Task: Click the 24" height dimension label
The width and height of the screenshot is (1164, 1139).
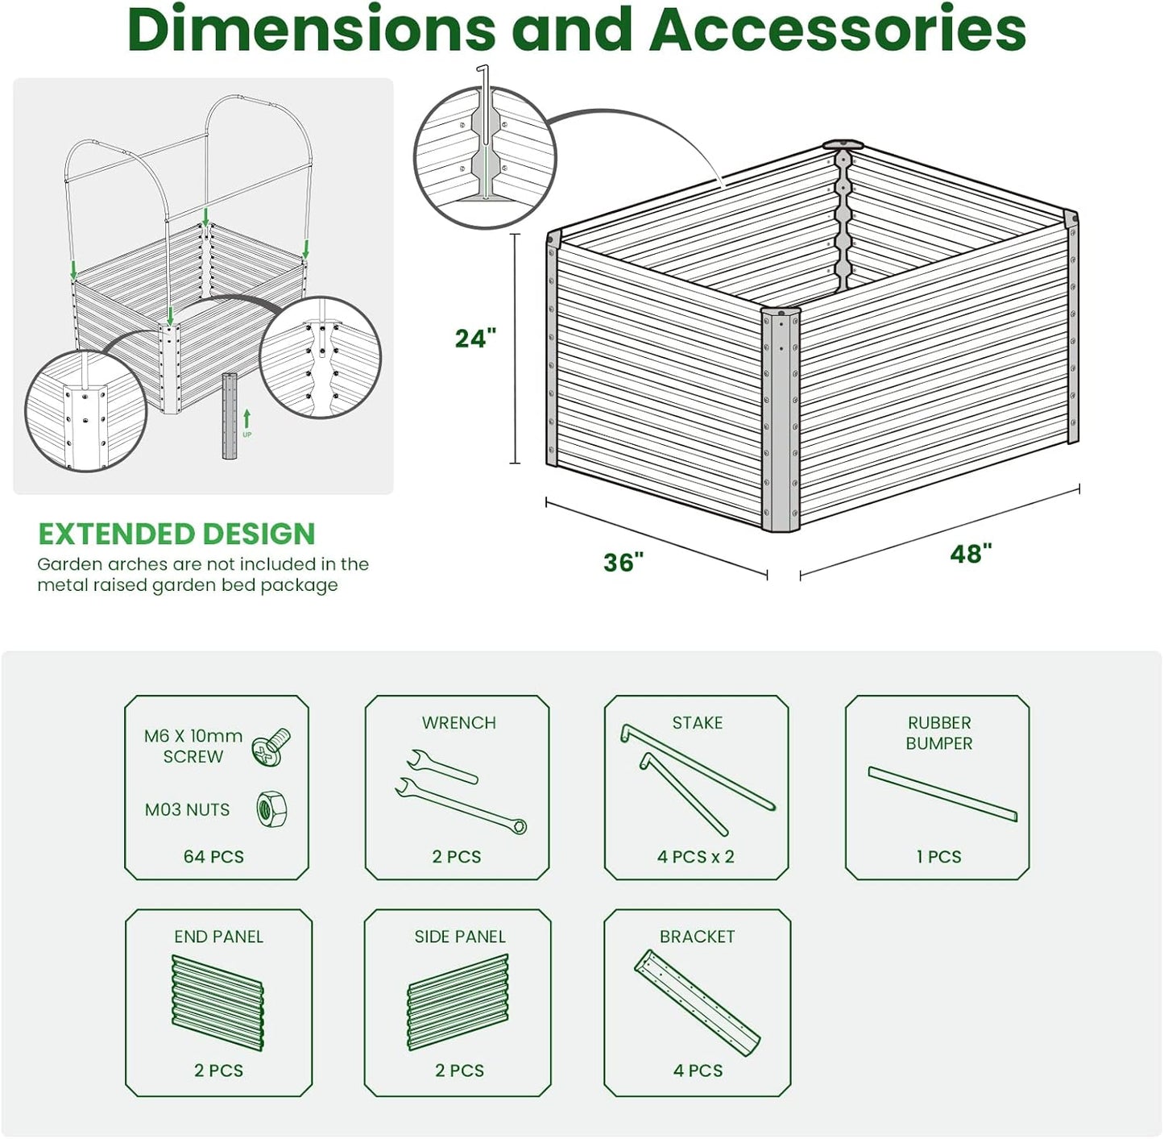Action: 475,339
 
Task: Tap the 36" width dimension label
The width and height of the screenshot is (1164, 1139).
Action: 623,562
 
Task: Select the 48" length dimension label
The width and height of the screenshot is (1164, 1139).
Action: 971,554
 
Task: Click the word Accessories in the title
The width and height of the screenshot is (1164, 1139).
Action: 838,30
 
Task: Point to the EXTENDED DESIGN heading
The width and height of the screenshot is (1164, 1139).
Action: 176,534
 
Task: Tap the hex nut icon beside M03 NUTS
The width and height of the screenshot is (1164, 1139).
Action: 272,809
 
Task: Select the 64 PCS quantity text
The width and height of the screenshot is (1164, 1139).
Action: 213,856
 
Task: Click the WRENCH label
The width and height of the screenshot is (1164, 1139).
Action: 458,722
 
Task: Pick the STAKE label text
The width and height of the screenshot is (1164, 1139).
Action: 698,722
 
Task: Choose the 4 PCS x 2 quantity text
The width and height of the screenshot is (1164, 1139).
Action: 696,856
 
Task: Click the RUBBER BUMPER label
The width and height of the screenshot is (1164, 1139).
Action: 938,733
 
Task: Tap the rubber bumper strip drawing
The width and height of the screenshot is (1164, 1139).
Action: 942,793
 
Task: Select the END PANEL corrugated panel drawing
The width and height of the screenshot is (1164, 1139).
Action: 217,1003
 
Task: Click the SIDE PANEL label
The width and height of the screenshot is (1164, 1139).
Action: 460,937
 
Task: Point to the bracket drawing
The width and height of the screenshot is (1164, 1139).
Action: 698,1002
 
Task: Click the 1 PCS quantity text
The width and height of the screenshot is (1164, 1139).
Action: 938,856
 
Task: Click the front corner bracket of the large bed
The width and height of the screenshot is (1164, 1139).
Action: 780,419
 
